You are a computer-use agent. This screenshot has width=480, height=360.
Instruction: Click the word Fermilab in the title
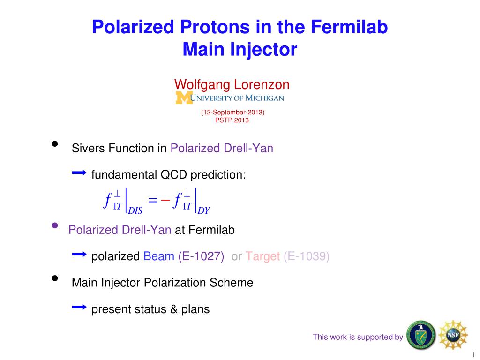[x=349, y=27]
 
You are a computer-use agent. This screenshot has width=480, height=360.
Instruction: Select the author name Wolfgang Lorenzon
[x=232, y=85]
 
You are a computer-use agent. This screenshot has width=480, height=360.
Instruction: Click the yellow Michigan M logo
[x=184, y=97]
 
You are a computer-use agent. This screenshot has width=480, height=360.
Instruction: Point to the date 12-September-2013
[x=232, y=112]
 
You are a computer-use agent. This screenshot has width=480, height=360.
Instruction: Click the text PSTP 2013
[x=232, y=120]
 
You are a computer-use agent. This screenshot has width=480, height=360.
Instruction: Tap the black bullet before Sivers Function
[x=55, y=144]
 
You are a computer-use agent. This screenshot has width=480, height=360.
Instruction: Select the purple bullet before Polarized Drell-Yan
[x=55, y=225]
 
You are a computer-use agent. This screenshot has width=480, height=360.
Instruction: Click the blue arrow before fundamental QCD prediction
[x=79, y=173]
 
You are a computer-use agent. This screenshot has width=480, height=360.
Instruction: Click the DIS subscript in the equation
[x=135, y=210]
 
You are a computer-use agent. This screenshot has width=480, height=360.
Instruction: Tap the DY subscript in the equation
[x=204, y=210]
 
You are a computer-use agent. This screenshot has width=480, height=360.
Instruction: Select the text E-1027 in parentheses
[x=201, y=256]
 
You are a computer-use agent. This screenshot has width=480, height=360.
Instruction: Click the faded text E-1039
[x=307, y=256]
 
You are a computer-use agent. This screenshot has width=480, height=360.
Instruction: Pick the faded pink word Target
[x=262, y=256]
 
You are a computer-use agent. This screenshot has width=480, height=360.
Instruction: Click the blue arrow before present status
[x=79, y=307]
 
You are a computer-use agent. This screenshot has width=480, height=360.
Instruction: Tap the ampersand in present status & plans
[x=174, y=309]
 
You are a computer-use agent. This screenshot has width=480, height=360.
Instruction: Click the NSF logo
[x=453, y=335]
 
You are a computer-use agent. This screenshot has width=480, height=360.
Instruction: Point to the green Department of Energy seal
[x=421, y=335]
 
